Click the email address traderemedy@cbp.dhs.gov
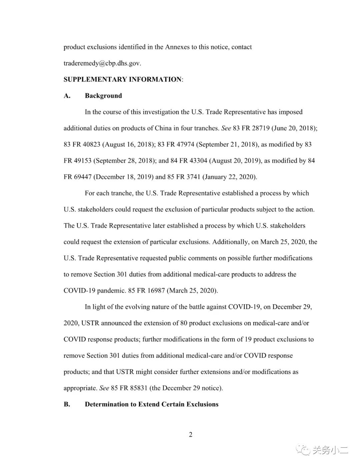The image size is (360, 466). coord(102,63)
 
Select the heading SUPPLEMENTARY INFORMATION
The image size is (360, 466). coord(122,79)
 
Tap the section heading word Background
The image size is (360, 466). coord(103,96)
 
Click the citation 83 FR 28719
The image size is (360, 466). coord(251,128)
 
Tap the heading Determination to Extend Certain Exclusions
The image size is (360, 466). coord(152,404)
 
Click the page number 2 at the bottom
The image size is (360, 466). coord(191,434)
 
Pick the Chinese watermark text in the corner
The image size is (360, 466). coord(330,450)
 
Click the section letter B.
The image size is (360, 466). coord(67,404)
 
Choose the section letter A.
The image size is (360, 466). coord(67,96)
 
